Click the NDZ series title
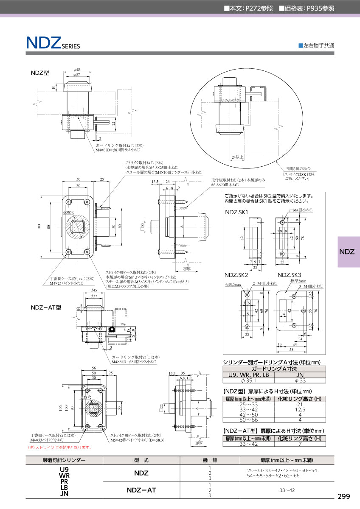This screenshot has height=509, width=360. [53, 43]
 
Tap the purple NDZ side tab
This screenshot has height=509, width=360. [349, 252]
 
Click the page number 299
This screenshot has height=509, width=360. [343, 497]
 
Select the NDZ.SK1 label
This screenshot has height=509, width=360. [237, 212]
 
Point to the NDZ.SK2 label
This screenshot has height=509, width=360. [237, 275]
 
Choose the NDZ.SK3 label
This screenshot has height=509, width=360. [290, 275]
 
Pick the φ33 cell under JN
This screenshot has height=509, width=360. [300, 380]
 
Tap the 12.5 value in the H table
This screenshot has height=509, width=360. [300, 410]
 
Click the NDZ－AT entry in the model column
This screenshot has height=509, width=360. [141, 490]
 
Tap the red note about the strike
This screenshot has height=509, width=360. [59, 447]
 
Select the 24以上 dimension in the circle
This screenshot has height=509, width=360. [238, 157]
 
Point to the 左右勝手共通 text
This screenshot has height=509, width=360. [318, 45]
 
